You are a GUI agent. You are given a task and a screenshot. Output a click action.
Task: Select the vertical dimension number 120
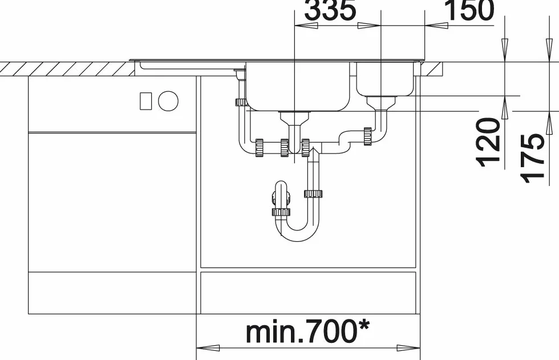(x=488, y=142)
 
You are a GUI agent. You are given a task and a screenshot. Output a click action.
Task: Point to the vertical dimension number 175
(x=533, y=158)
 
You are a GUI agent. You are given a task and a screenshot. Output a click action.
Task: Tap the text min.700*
(x=307, y=331)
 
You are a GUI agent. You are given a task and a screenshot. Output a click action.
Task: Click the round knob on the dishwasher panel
(x=168, y=101)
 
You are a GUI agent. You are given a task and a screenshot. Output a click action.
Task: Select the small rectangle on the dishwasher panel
(x=145, y=101)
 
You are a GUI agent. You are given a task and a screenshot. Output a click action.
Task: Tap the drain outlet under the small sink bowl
(x=381, y=103)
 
